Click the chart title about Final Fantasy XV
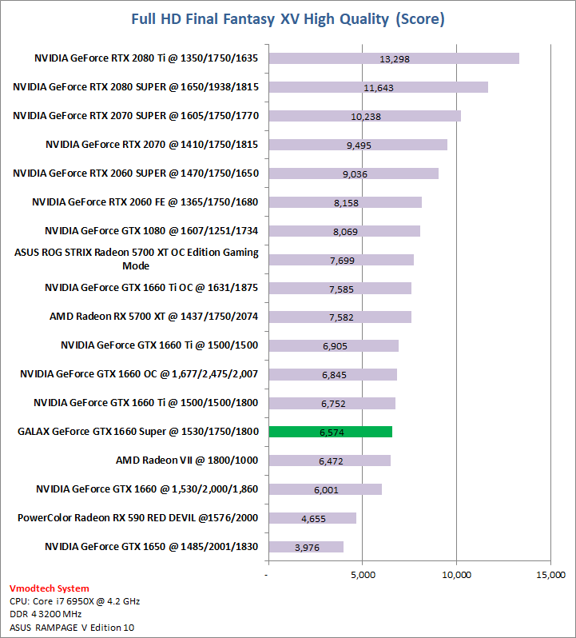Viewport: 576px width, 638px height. tap(288, 18)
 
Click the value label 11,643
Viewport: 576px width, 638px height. tap(378, 87)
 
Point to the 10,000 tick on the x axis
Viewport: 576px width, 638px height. tap(457, 575)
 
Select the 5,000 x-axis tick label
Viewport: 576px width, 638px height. tap(363, 575)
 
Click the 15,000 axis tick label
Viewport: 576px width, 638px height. tap(550, 575)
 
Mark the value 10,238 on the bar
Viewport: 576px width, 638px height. tap(366, 116)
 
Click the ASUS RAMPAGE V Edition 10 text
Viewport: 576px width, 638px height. tap(72, 627)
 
